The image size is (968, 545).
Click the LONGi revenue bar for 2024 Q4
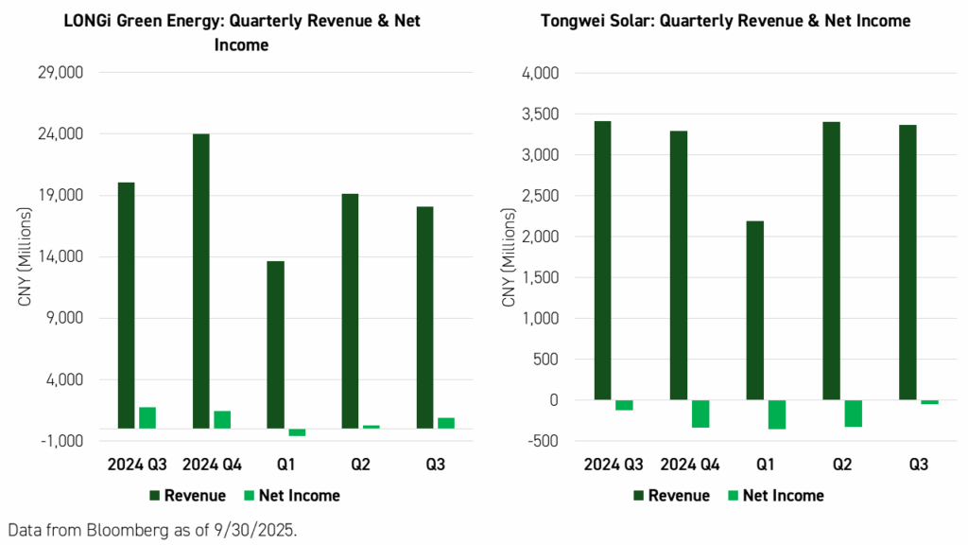201,281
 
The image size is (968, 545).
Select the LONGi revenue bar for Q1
275,344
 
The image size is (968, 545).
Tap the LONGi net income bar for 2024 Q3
147,417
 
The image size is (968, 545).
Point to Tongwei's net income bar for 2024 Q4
700,413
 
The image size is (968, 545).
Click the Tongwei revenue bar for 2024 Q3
602,260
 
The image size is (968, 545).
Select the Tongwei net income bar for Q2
853,413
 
